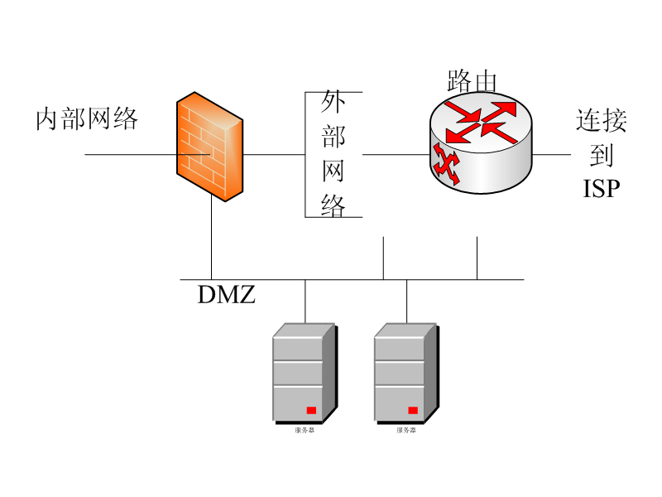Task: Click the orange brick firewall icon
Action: tap(209, 146)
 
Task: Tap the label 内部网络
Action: tap(87, 119)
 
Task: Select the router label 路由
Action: tap(472, 81)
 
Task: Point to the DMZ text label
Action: tap(227, 294)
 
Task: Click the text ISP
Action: tap(602, 189)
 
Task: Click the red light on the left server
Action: tap(311, 410)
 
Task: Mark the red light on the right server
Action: tap(413, 410)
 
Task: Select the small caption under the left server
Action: tap(304, 431)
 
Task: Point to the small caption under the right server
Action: tap(405, 431)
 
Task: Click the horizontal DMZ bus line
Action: tap(348, 279)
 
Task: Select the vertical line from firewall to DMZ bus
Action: tap(211, 240)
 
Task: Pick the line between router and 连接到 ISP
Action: tap(552, 154)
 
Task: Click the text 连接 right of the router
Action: tap(602, 121)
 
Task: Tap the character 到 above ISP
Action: tap(602, 155)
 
